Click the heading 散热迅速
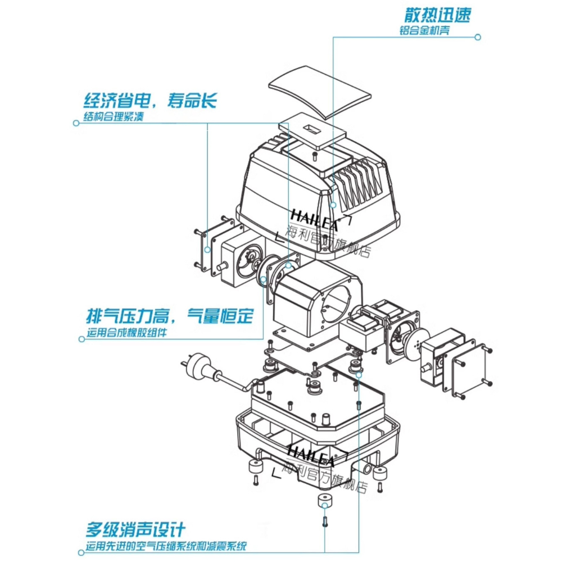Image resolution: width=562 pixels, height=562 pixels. tap(437, 15)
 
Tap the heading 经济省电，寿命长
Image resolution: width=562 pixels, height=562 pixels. tap(150, 101)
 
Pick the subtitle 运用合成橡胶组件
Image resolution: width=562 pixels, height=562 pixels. tap(126, 333)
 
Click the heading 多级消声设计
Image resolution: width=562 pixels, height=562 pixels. tap(136, 529)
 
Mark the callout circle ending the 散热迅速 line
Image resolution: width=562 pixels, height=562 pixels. tap(478, 38)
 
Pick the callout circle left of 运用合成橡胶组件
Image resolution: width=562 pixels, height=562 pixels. tap(79, 338)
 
